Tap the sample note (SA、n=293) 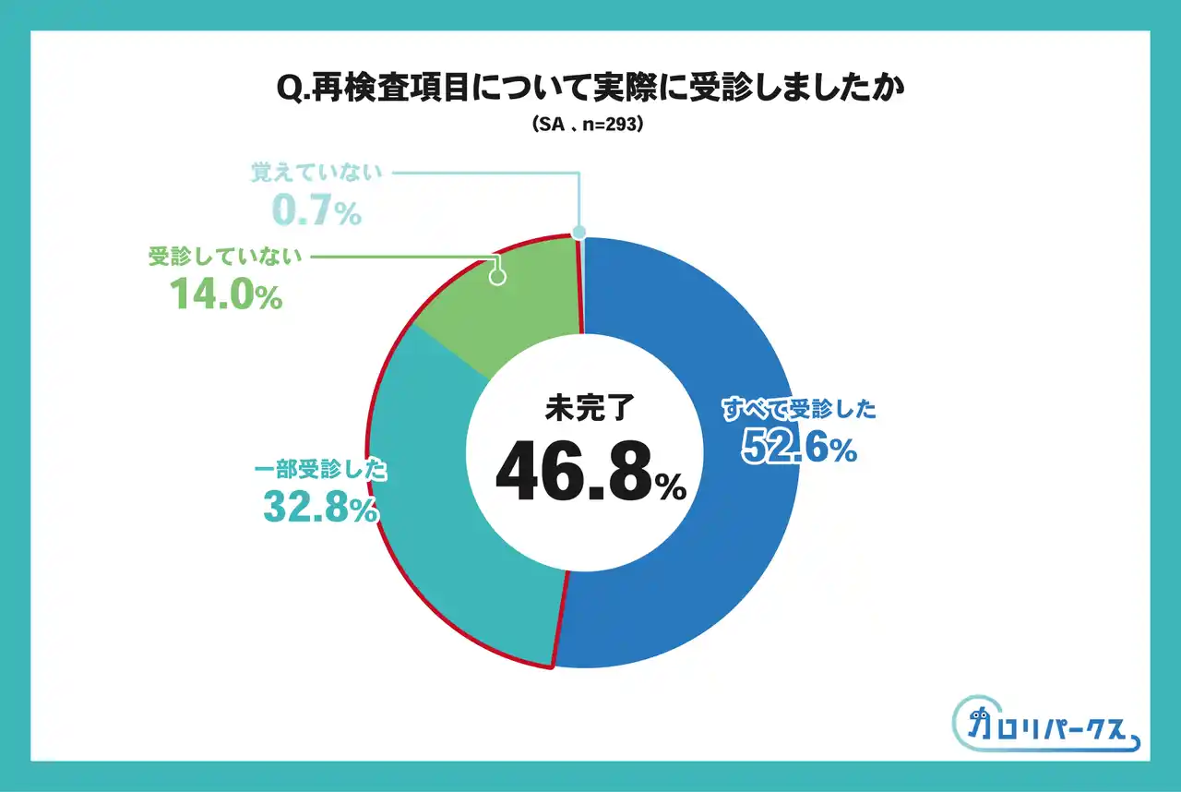pyautogui.click(x=590, y=125)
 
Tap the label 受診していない pyautogui.click(x=225, y=258)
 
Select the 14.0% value pyautogui.click(x=225, y=296)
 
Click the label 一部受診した pyautogui.click(x=319, y=470)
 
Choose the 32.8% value pyautogui.click(x=319, y=508)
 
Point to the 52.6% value pyautogui.click(x=799, y=449)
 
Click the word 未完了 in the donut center pyautogui.click(x=590, y=407)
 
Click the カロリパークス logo pyautogui.click(x=1046, y=725)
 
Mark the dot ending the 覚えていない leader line pyautogui.click(x=579, y=233)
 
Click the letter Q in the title pyautogui.click(x=288, y=89)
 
